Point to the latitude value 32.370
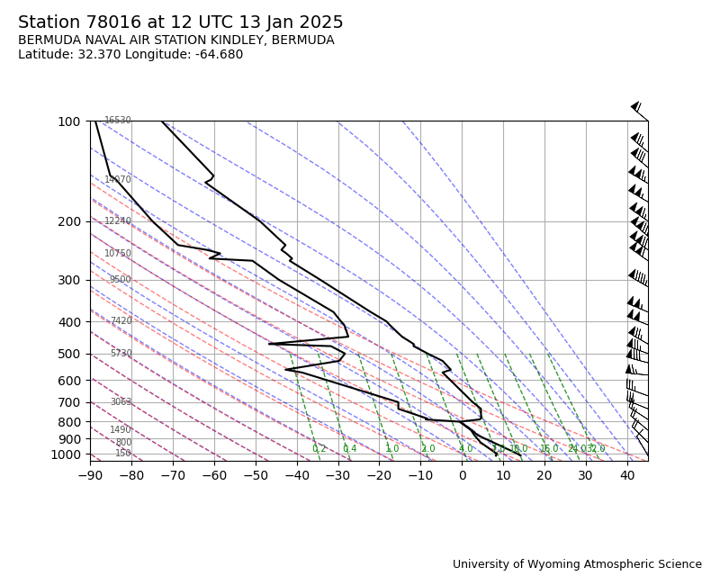pyautogui.click(x=95, y=55)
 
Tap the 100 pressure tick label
pyautogui.click(x=69, y=121)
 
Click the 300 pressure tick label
pyautogui.click(x=69, y=280)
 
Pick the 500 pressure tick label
pyautogui.click(x=69, y=354)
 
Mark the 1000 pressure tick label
pyautogui.click(x=66, y=454)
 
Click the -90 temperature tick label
pyautogui.click(x=90, y=475)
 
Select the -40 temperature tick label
pyautogui.click(x=296, y=475)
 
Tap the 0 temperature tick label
pyautogui.click(x=462, y=475)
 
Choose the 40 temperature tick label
pyautogui.click(x=627, y=475)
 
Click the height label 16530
pyautogui.click(x=118, y=121)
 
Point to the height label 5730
pyautogui.click(x=121, y=354)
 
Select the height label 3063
pyautogui.click(x=121, y=402)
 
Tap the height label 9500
pyautogui.click(x=121, y=280)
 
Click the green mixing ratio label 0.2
pyautogui.click(x=319, y=449)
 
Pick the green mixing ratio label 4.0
pyautogui.click(x=465, y=449)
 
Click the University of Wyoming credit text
pyautogui.click(x=577, y=564)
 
